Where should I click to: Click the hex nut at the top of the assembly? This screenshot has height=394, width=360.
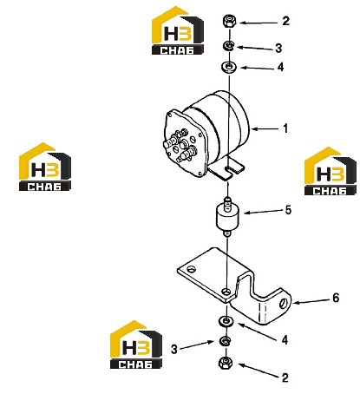[x=229, y=21]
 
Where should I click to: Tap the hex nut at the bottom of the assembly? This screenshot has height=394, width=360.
[x=225, y=363]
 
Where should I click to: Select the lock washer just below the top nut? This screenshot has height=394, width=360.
[x=229, y=45]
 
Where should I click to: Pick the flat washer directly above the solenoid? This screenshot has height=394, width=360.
[x=229, y=67]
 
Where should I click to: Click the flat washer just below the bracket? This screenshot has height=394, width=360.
[x=226, y=321]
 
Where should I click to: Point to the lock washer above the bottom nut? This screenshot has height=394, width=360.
[x=225, y=341]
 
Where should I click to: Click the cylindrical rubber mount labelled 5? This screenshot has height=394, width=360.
[x=228, y=216]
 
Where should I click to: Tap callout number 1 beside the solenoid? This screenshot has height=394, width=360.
[x=285, y=128]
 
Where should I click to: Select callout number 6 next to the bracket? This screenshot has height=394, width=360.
[x=336, y=298]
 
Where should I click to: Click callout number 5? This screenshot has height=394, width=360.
[x=288, y=210]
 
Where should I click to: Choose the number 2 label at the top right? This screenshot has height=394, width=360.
[x=285, y=21]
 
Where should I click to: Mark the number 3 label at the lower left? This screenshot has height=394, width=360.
[x=173, y=349]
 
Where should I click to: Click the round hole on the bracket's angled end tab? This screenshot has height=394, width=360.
[x=283, y=303]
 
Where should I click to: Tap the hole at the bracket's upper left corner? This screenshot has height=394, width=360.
[x=191, y=269]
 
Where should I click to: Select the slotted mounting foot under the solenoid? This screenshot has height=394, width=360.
[x=226, y=170]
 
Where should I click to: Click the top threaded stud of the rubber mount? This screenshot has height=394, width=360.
[x=228, y=200]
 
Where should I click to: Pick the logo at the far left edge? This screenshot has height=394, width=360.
[x=45, y=167]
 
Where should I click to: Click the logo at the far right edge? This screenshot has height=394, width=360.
[x=331, y=171]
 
